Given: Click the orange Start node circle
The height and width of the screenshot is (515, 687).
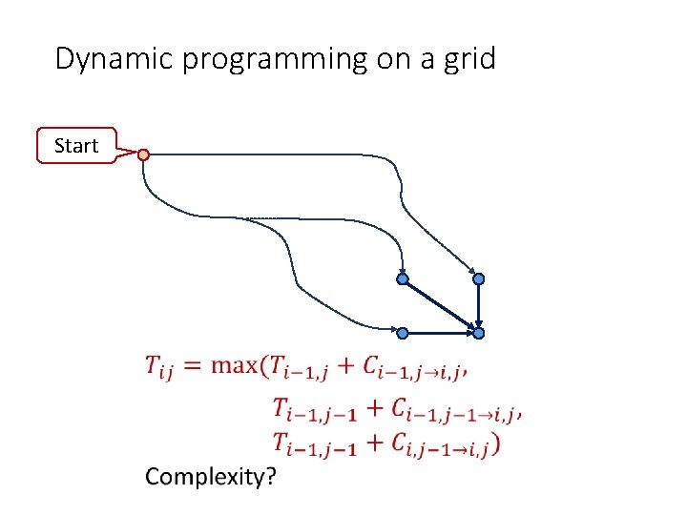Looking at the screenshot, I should (x=143, y=154).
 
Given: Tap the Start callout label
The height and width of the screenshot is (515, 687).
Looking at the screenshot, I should (x=76, y=146).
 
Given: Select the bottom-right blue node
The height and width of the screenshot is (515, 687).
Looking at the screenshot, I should (x=479, y=333).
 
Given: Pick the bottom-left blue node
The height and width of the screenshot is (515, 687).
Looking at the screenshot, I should (x=403, y=333).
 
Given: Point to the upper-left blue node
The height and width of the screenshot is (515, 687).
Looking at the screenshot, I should (x=403, y=278).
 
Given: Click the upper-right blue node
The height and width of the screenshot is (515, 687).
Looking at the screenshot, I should (x=479, y=278).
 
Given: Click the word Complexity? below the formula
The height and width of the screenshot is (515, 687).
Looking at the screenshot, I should (x=209, y=477).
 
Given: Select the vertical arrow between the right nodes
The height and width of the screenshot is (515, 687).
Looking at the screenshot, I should (x=479, y=305).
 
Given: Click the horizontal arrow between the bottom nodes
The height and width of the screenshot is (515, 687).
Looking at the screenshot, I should (x=441, y=333).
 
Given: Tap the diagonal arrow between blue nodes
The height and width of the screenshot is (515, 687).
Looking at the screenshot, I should (x=441, y=305).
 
